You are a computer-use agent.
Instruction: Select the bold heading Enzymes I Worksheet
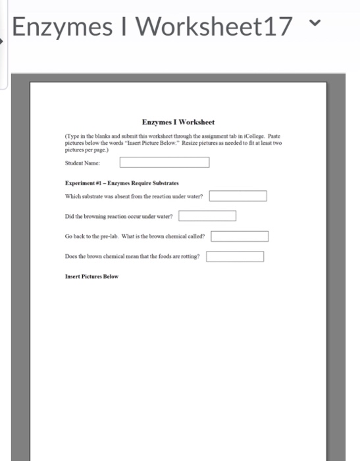point(178,122)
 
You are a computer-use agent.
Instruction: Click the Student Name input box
point(165,162)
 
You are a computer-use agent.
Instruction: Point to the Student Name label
point(83,162)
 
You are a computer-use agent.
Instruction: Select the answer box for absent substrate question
point(238,196)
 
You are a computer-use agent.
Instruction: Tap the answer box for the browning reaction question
point(207,215)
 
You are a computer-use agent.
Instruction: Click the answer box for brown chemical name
point(240,236)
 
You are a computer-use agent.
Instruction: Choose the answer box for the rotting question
point(235,256)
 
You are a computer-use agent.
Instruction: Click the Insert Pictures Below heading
point(91,276)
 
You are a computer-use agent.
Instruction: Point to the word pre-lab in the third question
point(110,236)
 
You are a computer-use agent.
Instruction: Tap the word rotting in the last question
point(190,256)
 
